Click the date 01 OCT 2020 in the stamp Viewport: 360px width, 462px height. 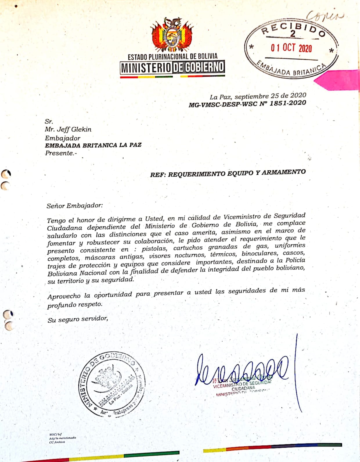point(291,48)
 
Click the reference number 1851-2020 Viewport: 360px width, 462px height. point(288,103)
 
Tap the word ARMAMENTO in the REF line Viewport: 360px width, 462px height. point(284,172)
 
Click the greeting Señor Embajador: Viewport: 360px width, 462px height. point(75,206)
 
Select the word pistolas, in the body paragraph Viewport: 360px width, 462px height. point(154,249)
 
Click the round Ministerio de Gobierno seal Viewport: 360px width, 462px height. point(112,385)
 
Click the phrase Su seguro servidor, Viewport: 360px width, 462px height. point(78,319)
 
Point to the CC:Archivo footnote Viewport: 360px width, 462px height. point(57,442)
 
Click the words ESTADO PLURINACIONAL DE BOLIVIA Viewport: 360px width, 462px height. point(172,56)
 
